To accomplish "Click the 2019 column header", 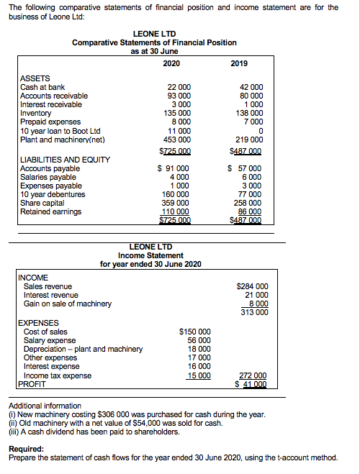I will [239, 63].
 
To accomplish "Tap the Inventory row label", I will [36, 113].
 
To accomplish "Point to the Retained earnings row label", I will [51, 211].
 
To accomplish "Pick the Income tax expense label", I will [58, 375].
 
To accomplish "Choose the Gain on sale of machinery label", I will [68, 304].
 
